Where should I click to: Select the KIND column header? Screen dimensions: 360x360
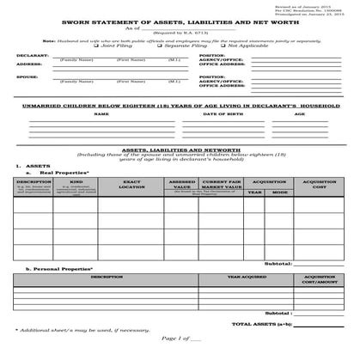(x=76, y=182)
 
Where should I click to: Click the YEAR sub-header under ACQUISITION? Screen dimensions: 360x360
(x=255, y=192)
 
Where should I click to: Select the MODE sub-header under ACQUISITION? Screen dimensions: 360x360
(x=280, y=192)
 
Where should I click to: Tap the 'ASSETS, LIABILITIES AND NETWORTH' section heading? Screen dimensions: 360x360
(x=180, y=148)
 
